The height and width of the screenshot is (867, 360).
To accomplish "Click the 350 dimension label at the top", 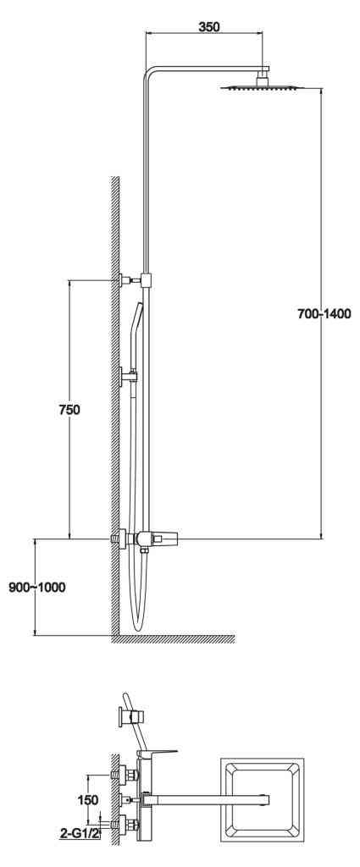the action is [x=209, y=26].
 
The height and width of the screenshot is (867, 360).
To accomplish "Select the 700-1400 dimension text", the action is [x=324, y=315].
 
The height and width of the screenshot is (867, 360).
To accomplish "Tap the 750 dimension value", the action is [x=69, y=410].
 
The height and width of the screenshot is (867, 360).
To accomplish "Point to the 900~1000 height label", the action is [x=36, y=588].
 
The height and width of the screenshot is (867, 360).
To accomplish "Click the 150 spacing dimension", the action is [x=88, y=800].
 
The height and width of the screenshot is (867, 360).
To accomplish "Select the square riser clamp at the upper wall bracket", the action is [x=147, y=280].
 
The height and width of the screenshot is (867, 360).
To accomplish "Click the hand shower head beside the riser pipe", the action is [x=136, y=326].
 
